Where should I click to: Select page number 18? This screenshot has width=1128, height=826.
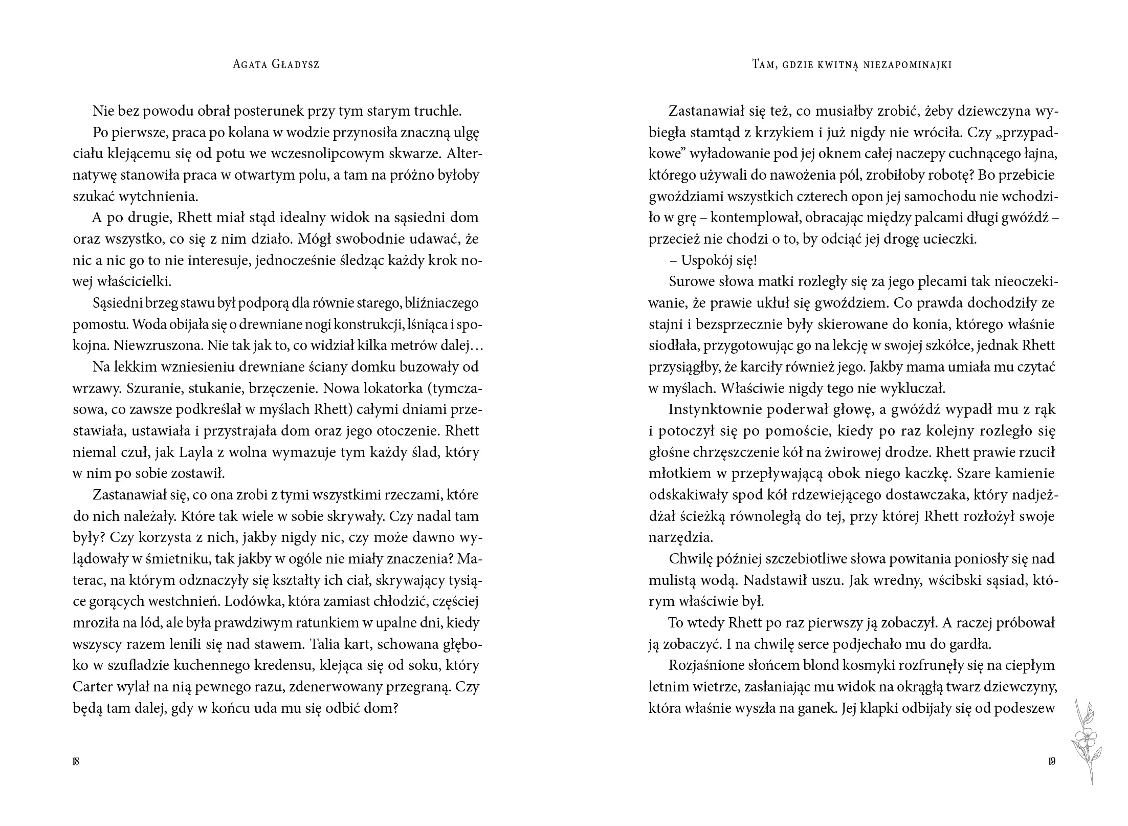pos(76,760)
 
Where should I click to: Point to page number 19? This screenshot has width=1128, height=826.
pos(1051,760)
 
